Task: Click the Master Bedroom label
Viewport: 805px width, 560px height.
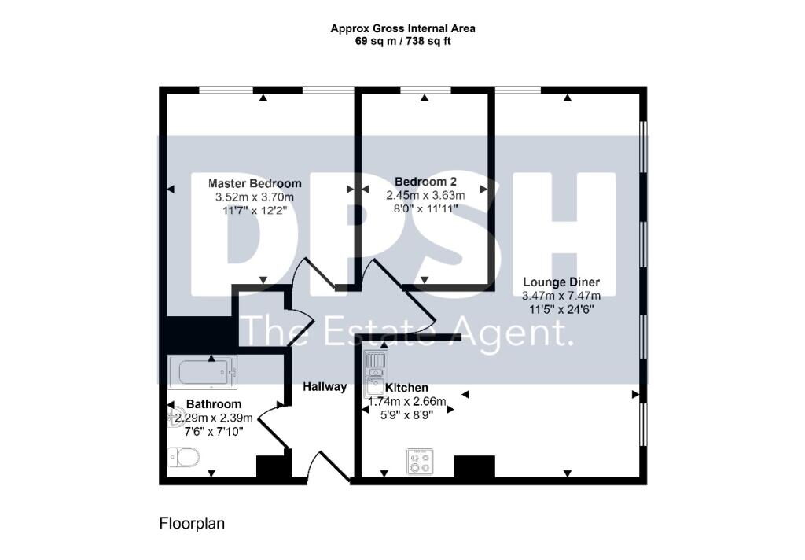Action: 255,183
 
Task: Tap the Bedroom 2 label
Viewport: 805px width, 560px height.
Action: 425,182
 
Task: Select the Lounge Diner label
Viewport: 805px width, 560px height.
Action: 561,282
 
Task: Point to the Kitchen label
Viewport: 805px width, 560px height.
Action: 406,388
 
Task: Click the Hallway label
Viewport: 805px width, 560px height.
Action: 325,387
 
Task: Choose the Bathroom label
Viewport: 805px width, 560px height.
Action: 214,404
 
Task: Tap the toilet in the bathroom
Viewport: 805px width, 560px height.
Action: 184,456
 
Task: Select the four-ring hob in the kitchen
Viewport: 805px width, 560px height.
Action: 420,462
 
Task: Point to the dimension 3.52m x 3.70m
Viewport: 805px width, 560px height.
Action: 255,197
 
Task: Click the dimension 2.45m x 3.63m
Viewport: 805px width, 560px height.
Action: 425,196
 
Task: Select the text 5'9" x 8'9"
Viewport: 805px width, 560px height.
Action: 406,415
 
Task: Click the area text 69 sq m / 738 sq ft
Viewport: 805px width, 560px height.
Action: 403,42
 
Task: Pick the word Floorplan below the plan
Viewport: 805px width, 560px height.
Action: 192,524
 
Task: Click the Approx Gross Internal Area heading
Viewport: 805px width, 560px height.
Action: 403,29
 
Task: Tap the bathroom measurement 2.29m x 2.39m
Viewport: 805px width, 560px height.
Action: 214,418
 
